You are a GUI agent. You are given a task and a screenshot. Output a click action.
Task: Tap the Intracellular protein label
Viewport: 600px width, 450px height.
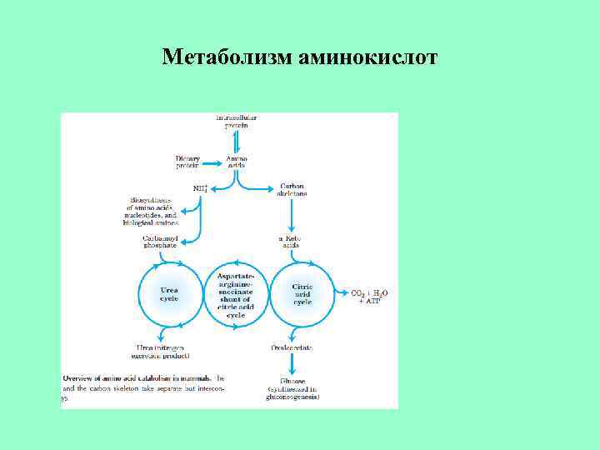tap(237, 122)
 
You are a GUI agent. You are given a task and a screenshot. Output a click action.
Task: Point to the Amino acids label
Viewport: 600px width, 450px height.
tap(237, 162)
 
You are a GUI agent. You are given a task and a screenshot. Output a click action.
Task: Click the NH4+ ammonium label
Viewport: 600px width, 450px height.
tap(201, 188)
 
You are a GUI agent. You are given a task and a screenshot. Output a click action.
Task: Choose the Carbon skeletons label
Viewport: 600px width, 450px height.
tap(292, 189)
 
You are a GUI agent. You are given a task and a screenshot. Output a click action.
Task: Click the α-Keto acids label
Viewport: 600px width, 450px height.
tap(289, 242)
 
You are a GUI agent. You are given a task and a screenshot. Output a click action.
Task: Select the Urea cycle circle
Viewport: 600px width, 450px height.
tap(169, 295)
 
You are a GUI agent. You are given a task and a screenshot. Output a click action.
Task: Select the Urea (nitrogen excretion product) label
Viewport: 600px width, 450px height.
tap(167, 350)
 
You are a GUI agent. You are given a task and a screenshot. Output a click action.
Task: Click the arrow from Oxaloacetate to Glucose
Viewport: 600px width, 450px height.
tap(292, 363)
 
